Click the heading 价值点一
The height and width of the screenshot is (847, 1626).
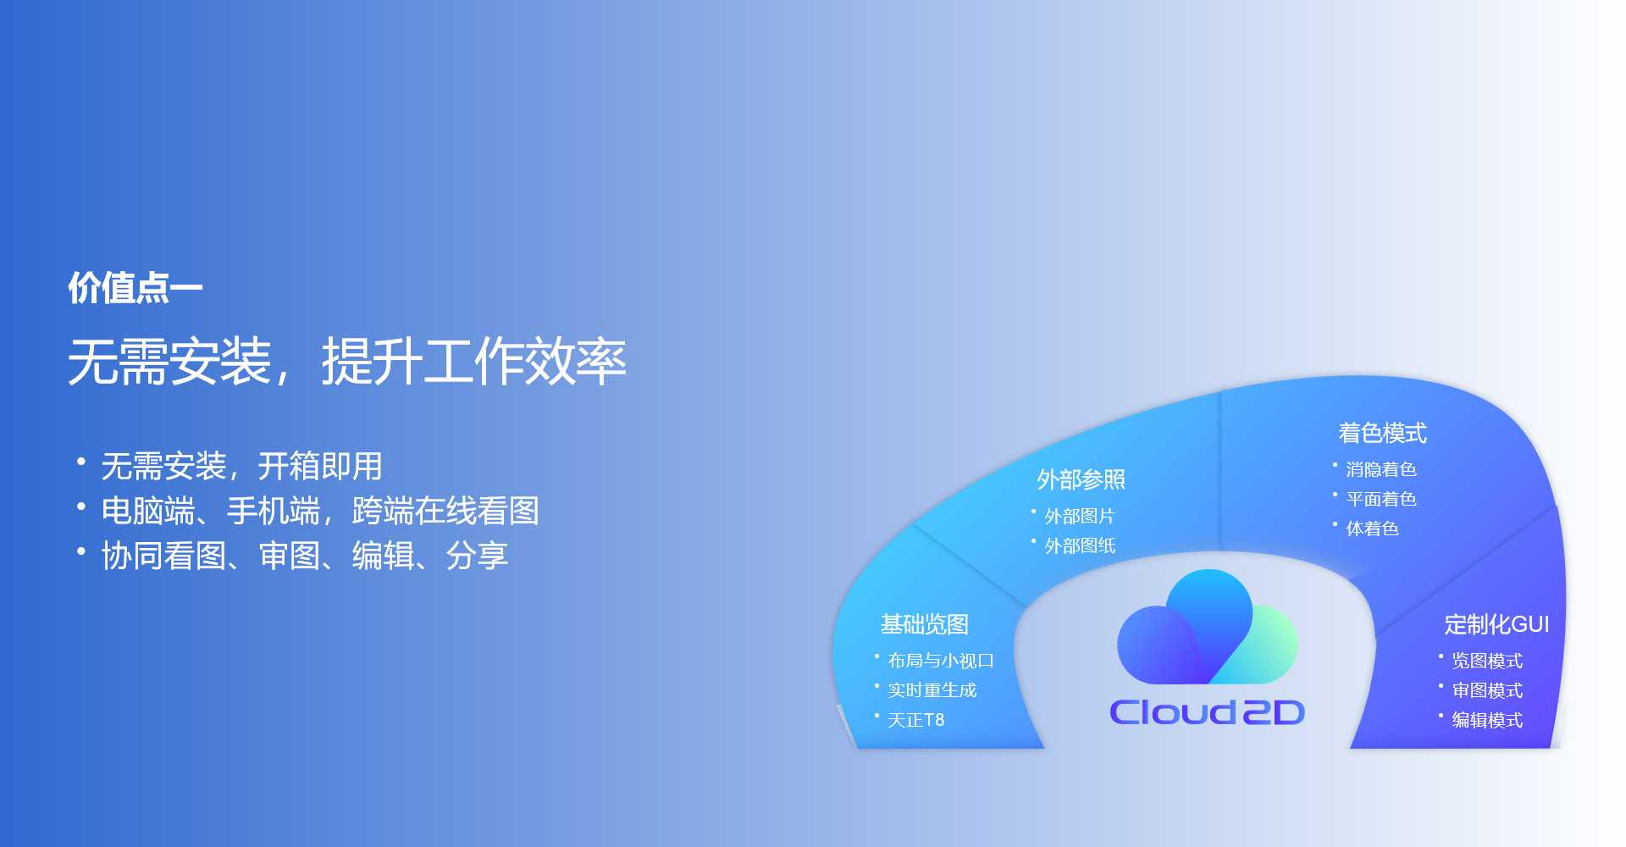[x=135, y=288]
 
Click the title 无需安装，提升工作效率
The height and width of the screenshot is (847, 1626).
[x=347, y=362]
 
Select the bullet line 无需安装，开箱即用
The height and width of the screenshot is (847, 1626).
[x=241, y=466]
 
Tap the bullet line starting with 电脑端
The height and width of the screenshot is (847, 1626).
[x=320, y=511]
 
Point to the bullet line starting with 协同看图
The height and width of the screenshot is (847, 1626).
[x=305, y=556]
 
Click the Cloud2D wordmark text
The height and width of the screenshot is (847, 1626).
[x=1207, y=712]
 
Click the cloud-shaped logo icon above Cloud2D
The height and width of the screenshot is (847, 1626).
[x=1207, y=627]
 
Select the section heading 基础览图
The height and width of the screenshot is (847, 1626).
[x=924, y=624]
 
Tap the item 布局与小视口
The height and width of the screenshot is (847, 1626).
[x=941, y=661]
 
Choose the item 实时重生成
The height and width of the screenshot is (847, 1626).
[x=932, y=690]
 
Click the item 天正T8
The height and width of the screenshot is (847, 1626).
[x=916, y=720]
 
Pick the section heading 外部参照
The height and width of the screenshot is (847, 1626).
[x=1081, y=479]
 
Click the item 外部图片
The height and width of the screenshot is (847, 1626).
[x=1080, y=516]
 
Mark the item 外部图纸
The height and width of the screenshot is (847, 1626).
[x=1080, y=545]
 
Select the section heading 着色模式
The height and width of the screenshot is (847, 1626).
[x=1383, y=433]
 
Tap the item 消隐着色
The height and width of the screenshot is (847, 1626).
[x=1381, y=469]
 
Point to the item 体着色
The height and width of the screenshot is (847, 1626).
[x=1372, y=529]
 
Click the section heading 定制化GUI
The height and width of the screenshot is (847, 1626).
[x=1496, y=624]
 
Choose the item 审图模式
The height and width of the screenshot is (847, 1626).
[x=1487, y=690]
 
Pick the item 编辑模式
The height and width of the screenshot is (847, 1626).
[x=1487, y=720]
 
